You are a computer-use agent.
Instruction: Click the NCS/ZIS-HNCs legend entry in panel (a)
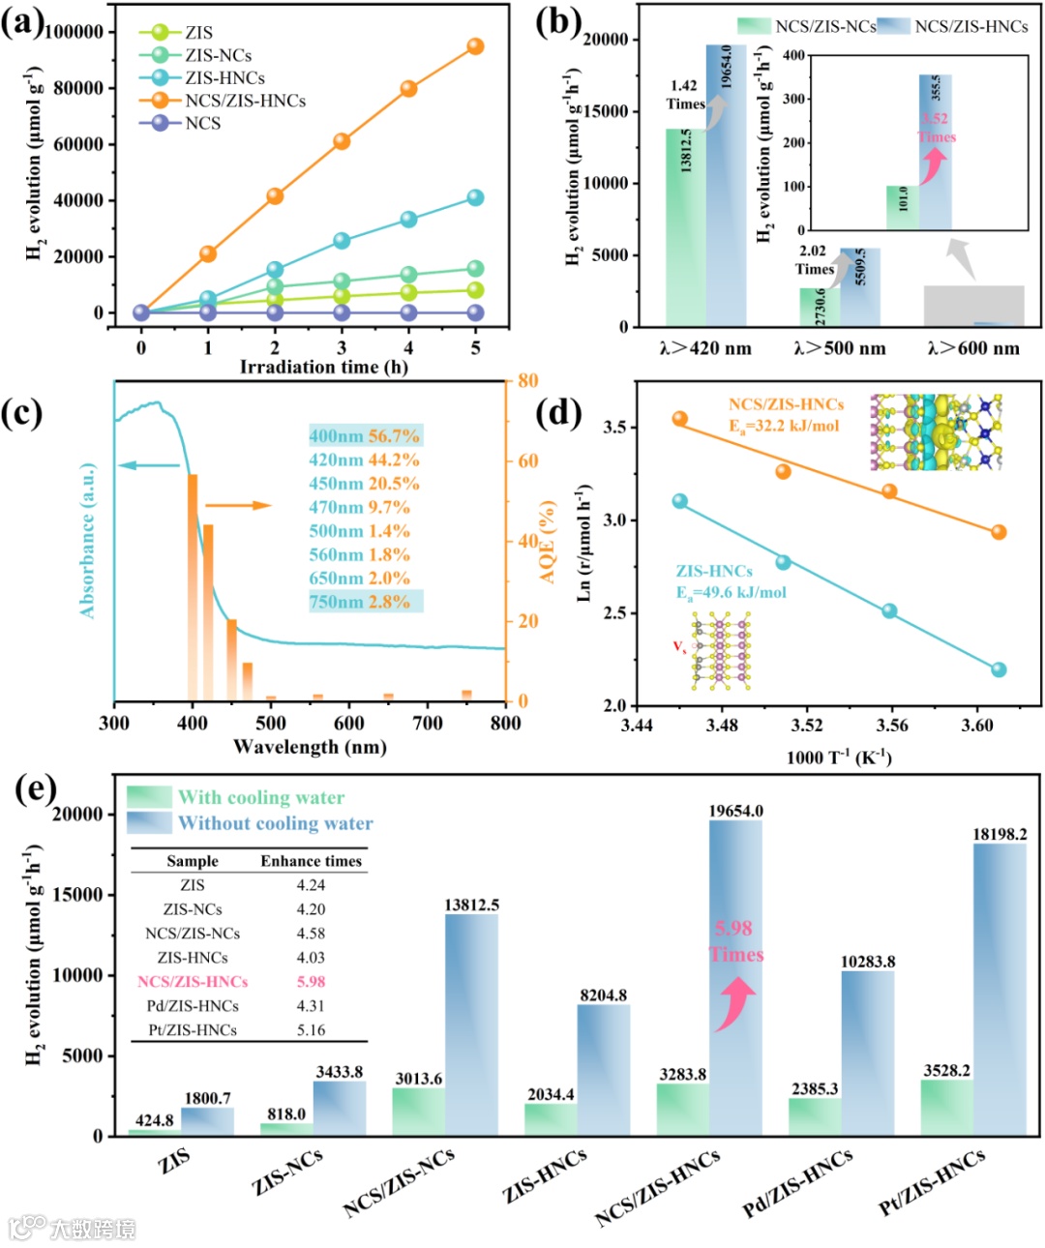pos(245,101)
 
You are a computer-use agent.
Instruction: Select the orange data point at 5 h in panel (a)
pos(475,46)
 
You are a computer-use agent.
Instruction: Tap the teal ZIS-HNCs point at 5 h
pos(475,197)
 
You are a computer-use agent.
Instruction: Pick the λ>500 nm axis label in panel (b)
pos(839,348)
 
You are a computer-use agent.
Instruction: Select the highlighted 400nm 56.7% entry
pos(365,436)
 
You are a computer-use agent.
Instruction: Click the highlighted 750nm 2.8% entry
pos(365,602)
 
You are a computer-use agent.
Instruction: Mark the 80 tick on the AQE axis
pos(527,381)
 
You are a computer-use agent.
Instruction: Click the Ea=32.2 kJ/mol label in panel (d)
pos(784,426)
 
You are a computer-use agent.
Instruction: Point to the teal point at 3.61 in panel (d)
pos(999,669)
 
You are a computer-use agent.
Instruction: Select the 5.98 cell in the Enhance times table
pos(311,981)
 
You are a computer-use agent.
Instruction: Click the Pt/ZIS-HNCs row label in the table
pos(193,1029)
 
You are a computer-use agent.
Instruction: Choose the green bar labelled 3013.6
pos(418,1112)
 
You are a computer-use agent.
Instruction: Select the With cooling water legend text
pos(261,797)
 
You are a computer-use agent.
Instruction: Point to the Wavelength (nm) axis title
pos(310,747)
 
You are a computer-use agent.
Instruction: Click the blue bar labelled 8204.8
pos(604,1069)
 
